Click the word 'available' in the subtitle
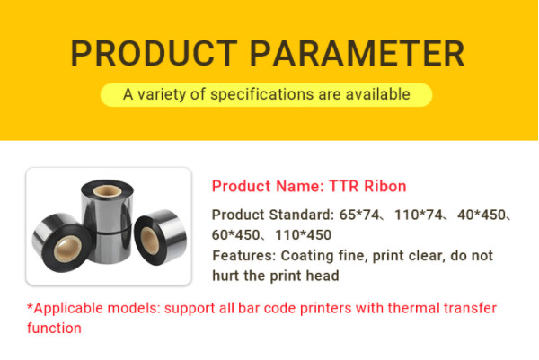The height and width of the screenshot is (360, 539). point(380,93)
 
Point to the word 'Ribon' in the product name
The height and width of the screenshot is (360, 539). point(383,187)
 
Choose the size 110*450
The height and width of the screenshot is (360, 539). point(303,235)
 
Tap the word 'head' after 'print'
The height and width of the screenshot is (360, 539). point(320,276)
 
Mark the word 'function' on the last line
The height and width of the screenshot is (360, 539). point(55,329)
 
